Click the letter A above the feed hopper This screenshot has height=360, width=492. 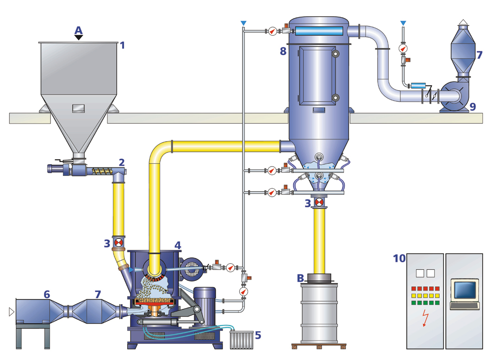(x=79, y=30)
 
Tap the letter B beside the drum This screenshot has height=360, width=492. (x=300, y=278)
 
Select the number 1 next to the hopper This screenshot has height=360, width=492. (x=123, y=45)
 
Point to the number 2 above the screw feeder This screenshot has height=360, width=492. (x=122, y=162)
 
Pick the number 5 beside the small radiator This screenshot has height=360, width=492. (x=258, y=334)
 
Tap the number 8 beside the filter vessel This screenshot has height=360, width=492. (x=283, y=51)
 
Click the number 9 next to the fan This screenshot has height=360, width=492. (x=472, y=106)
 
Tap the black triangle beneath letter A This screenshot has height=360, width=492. (x=79, y=38)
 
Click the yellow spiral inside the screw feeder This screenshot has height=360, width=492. (x=100, y=171)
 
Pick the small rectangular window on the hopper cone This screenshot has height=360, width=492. (x=79, y=108)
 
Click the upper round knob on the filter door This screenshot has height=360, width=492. (x=335, y=54)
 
